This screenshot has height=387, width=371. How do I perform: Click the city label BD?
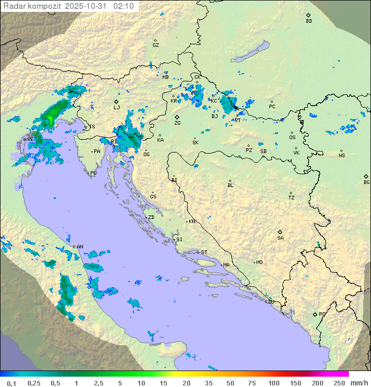point(309,21)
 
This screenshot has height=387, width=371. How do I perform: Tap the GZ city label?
point(156,45)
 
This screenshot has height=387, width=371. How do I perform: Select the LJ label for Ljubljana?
point(116,107)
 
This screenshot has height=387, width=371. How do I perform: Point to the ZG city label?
point(177,123)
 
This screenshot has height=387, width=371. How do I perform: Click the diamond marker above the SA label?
point(280,232)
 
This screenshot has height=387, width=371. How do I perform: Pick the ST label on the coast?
point(204,253)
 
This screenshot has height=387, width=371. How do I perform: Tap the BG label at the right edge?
point(366,182)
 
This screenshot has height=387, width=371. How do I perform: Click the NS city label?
point(342,156)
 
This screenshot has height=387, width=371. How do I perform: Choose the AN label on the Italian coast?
point(80,247)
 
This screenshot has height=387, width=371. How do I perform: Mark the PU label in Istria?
point(93,174)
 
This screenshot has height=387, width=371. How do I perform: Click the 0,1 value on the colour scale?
point(11,383)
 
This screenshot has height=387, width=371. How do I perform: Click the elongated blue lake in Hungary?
point(250,52)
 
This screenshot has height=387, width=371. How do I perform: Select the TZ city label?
point(292,198)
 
